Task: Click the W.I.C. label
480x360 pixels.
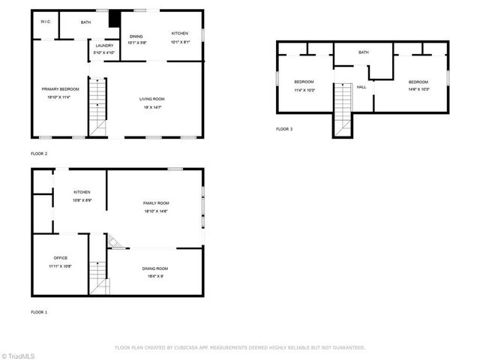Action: (x=45, y=22)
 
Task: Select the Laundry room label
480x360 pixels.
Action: (x=104, y=46)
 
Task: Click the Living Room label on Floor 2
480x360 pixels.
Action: (x=151, y=99)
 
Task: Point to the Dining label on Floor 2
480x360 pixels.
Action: (x=136, y=36)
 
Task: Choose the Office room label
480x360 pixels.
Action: (x=60, y=258)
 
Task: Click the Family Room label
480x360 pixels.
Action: (x=157, y=203)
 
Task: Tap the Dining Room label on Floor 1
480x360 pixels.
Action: (x=155, y=268)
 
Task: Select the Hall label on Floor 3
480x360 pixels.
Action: (x=361, y=87)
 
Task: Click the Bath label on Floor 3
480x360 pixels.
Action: (x=364, y=52)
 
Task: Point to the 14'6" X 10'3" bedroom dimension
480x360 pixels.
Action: (x=418, y=90)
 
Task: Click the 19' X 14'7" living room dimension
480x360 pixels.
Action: (x=151, y=107)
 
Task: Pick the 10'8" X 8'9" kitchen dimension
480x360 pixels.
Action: (x=82, y=200)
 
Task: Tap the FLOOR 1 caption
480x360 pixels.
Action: (x=39, y=311)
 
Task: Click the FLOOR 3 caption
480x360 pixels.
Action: (x=284, y=130)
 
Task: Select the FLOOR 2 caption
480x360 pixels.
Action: (x=39, y=154)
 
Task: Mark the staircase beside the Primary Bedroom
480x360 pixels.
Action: (x=97, y=105)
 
